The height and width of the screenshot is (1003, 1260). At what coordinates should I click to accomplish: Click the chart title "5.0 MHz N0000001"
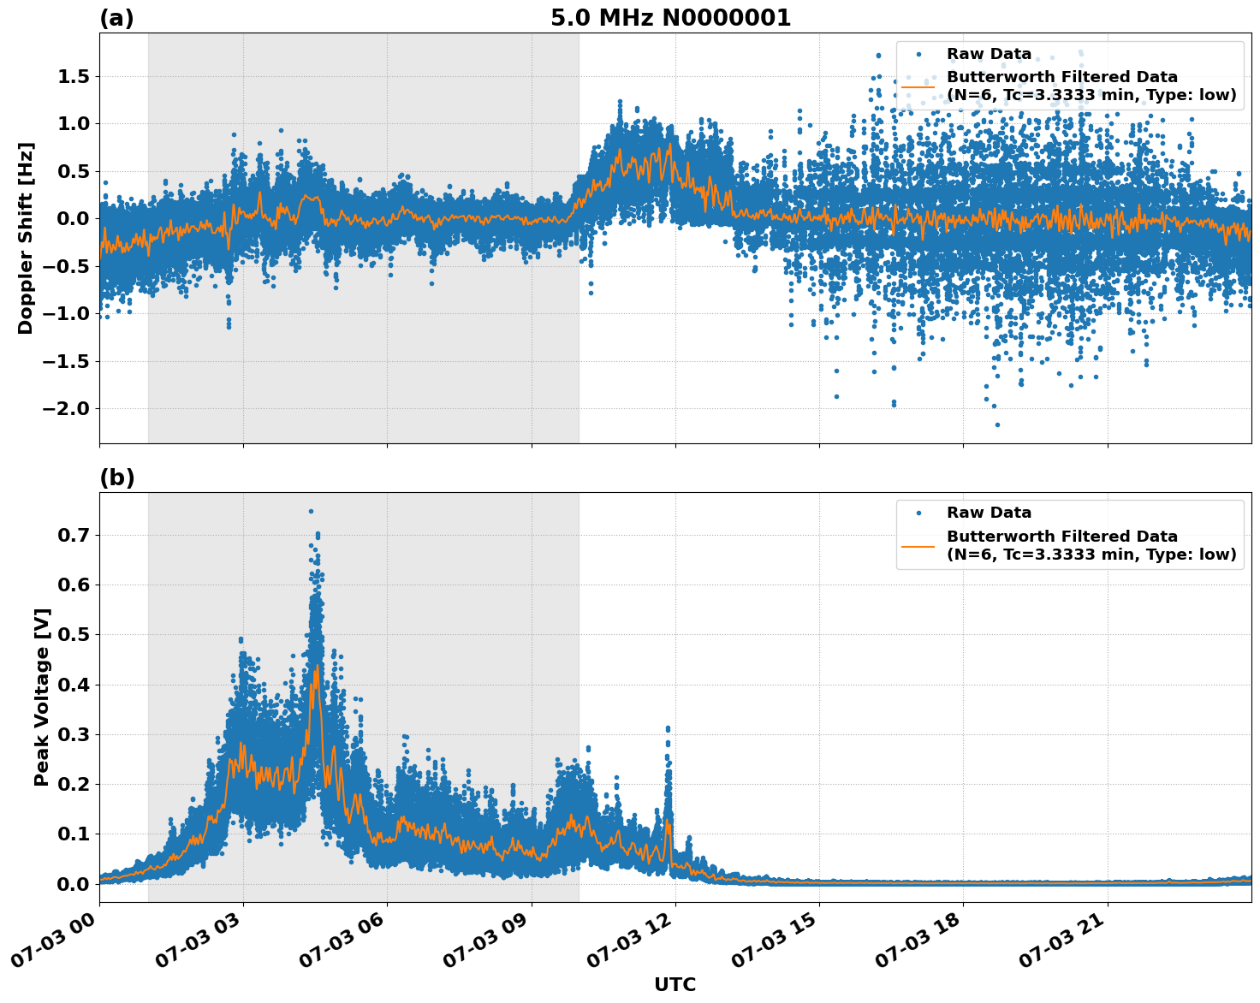(670, 18)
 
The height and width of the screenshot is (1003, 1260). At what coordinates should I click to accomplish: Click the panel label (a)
(116, 18)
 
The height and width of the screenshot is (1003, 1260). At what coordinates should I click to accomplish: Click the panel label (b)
(116, 478)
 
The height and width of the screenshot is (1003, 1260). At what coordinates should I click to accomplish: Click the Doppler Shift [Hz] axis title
(26, 238)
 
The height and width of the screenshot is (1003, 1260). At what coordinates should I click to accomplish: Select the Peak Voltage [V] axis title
(42, 697)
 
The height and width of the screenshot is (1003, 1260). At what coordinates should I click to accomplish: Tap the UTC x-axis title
(675, 984)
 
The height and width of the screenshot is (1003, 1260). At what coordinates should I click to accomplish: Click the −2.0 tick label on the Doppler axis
(64, 408)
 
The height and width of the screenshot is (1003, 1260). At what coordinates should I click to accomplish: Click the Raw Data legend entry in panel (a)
(989, 55)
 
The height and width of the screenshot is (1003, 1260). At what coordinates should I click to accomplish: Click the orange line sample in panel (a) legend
(918, 86)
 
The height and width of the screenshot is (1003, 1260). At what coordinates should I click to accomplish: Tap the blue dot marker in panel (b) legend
(918, 513)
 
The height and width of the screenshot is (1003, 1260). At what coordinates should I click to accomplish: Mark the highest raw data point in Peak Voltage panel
(311, 511)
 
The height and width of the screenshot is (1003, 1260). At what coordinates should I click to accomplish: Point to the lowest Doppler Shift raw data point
(996, 424)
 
